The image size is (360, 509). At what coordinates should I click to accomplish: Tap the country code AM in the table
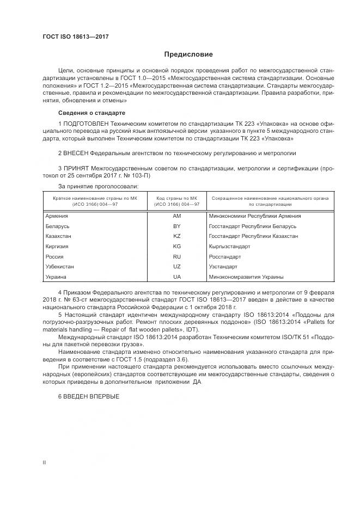[x=176, y=216]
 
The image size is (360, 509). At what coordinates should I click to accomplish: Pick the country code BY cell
[x=176, y=226]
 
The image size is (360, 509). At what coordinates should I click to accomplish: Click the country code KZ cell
[x=176, y=236]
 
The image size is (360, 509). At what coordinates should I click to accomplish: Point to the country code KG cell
[x=176, y=247]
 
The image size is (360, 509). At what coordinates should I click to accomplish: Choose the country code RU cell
[x=176, y=256]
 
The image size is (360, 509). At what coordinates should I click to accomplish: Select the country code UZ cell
[x=176, y=267]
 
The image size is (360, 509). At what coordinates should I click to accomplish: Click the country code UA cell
[x=176, y=277]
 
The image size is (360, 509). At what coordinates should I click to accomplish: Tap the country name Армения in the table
[x=57, y=216]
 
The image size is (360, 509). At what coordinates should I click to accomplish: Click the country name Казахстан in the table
[x=59, y=236]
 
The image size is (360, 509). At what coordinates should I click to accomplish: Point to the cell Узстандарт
[x=223, y=267]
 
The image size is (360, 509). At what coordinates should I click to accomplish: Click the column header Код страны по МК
[x=176, y=201]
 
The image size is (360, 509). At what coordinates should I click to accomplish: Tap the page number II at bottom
[x=45, y=462]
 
